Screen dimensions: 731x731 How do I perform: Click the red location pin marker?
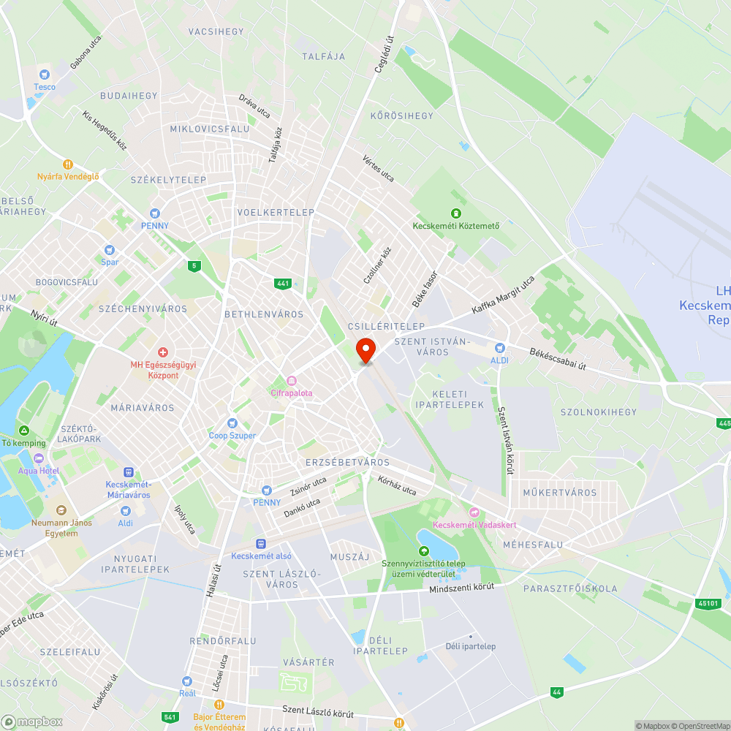pos(365,349)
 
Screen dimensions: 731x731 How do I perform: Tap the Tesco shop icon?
pos(45,74)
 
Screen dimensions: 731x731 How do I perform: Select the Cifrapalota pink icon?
pos(292,380)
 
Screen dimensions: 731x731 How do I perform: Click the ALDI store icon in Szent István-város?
pos(500,348)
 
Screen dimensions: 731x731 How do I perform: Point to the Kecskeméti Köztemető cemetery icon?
pos(456,213)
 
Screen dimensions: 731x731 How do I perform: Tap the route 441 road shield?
pos(284,283)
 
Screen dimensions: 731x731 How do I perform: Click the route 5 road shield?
pos(194,265)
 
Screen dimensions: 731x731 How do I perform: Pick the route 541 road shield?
pos(170,717)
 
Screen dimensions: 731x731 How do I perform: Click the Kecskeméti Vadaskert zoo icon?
pos(474,512)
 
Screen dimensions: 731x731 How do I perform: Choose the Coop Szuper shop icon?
pos(232,423)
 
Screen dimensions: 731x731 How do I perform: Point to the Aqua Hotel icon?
pos(37,458)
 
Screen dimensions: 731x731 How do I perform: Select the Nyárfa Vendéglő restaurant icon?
pos(68,164)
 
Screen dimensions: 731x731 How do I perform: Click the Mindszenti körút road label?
pos(461,588)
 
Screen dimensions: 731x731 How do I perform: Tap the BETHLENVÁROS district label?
pos(264,314)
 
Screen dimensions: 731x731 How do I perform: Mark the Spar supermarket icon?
pos(110,250)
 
